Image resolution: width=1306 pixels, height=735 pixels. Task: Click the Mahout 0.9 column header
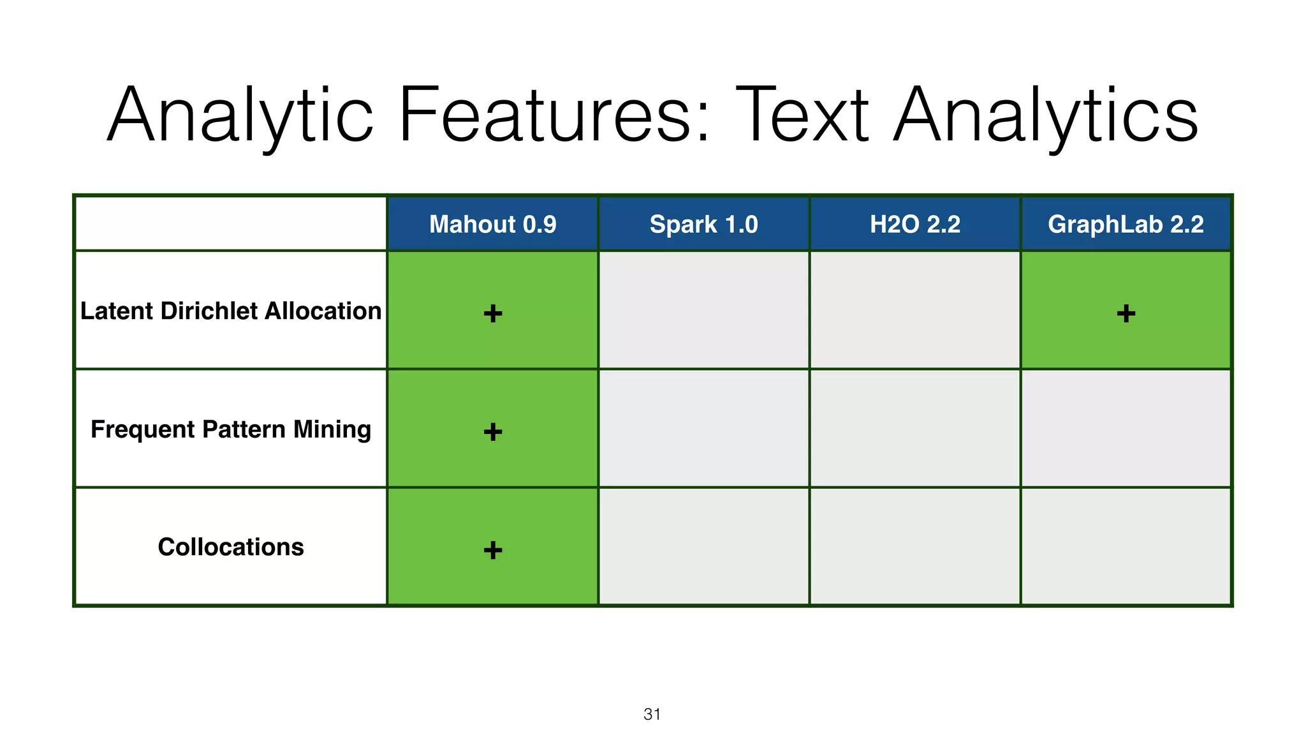coord(492,224)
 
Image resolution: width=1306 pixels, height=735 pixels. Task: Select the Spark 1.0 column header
coord(703,224)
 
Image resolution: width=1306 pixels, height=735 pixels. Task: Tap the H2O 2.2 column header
coord(914,224)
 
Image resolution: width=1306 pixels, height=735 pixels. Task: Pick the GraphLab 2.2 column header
coord(1126,224)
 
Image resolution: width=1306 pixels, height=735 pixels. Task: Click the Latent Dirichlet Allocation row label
coord(231,311)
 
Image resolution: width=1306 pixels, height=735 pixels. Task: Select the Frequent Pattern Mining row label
coord(231,429)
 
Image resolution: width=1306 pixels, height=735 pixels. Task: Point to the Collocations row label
coord(231,547)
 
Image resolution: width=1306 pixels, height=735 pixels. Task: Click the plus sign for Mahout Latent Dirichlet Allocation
coord(493,313)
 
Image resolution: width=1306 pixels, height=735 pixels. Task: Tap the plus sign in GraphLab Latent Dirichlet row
coord(1126,313)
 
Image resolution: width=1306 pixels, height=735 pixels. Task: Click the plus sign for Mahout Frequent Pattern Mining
coord(493,432)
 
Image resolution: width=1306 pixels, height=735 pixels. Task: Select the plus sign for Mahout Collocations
coord(493,550)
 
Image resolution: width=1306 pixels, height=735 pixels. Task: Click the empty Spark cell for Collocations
coord(703,547)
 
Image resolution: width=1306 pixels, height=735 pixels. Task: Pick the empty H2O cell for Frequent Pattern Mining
coord(914,429)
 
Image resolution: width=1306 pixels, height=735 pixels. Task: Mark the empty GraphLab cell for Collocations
coord(1126,547)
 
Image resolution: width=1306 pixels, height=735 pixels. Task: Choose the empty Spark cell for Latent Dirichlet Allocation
coord(703,310)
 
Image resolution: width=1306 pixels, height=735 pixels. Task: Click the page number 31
coord(652,714)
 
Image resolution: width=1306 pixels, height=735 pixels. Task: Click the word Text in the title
coord(803,115)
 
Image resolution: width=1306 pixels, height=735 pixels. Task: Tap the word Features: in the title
coord(554,115)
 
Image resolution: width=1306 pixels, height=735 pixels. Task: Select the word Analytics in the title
coord(1046,115)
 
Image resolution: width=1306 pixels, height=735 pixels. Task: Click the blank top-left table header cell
coord(231,224)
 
